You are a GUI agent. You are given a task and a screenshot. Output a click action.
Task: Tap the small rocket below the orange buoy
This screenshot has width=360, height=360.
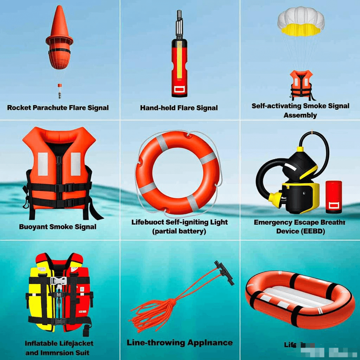(60, 90)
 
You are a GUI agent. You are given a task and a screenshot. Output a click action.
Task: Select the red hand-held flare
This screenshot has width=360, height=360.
(179, 67)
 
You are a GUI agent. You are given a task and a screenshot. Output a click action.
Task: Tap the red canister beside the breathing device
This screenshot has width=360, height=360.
(333, 197)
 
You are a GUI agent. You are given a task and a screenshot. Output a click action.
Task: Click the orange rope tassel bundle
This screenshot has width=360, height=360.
(155, 309)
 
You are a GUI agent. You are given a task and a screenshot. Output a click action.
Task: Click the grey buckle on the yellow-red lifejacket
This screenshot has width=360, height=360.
(58, 281)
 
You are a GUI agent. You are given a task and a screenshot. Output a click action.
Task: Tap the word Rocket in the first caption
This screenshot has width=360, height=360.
(19, 108)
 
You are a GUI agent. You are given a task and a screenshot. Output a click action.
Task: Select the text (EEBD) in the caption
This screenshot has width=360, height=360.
(310, 231)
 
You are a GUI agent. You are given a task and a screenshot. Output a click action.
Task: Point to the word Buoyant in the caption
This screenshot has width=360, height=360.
(33, 227)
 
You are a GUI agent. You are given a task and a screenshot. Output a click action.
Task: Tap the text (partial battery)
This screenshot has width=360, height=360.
(179, 231)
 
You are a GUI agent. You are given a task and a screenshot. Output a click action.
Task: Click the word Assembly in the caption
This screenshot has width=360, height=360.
(300, 115)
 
